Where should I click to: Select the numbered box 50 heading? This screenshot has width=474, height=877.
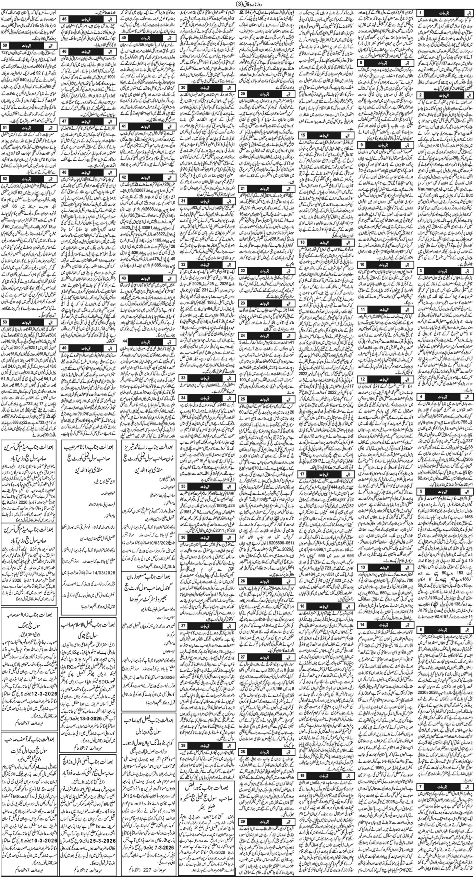point(6,46)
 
